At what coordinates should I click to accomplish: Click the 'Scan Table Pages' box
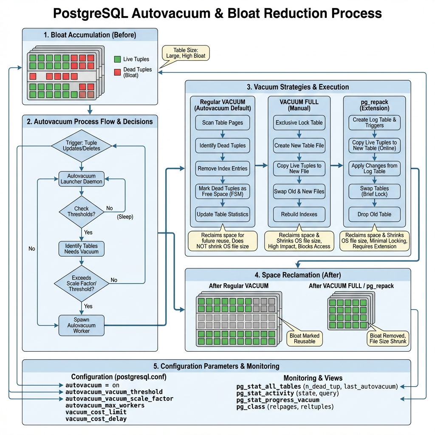click(x=223, y=123)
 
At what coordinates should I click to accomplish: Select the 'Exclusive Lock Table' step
click(x=299, y=123)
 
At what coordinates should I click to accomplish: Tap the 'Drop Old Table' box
click(x=374, y=214)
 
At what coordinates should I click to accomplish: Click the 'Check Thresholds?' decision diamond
click(x=81, y=211)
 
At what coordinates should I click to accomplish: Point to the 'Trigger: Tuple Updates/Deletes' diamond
click(x=81, y=146)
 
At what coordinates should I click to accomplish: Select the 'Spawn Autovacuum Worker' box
click(x=81, y=325)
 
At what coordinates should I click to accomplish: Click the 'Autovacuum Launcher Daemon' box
click(x=81, y=179)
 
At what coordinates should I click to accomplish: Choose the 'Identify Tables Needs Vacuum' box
click(x=81, y=249)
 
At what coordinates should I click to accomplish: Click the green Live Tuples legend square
click(x=117, y=59)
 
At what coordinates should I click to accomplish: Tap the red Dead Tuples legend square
click(x=117, y=72)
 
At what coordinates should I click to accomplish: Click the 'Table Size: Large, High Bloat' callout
click(x=185, y=53)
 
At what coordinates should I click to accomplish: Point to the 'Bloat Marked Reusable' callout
click(x=305, y=338)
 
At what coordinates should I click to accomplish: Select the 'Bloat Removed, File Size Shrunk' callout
click(x=388, y=338)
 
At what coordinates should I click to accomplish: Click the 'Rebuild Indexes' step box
click(x=299, y=214)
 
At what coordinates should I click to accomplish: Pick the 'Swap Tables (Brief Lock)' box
click(x=374, y=191)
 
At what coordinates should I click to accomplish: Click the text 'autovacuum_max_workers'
click(x=105, y=405)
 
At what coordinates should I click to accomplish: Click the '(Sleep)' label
click(x=125, y=217)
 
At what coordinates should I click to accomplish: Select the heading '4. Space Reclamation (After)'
click(x=298, y=275)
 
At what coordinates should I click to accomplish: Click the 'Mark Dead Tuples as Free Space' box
click(x=223, y=191)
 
